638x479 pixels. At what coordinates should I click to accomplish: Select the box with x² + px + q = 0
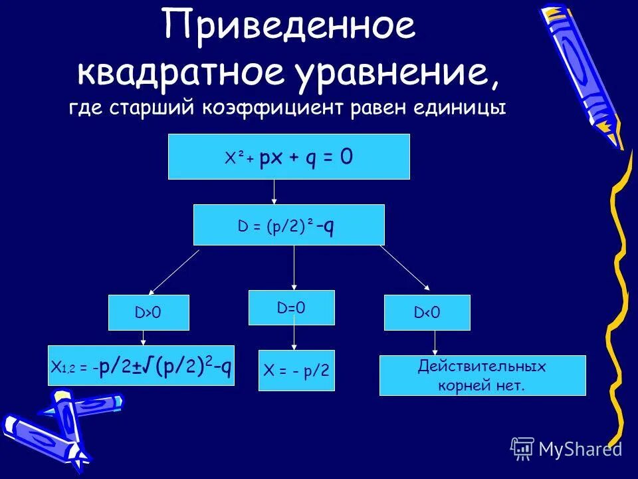(x=288, y=156)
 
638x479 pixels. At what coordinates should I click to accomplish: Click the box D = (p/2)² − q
(x=288, y=225)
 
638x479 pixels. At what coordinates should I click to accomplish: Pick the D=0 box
(x=291, y=307)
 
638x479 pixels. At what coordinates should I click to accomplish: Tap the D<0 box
(x=427, y=313)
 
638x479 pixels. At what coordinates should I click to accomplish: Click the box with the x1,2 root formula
(x=141, y=365)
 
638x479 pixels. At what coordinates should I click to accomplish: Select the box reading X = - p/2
(x=296, y=371)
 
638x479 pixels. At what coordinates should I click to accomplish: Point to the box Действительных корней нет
(x=482, y=375)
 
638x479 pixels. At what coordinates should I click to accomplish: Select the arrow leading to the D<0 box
(x=405, y=269)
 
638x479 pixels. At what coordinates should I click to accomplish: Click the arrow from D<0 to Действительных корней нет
(x=435, y=343)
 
